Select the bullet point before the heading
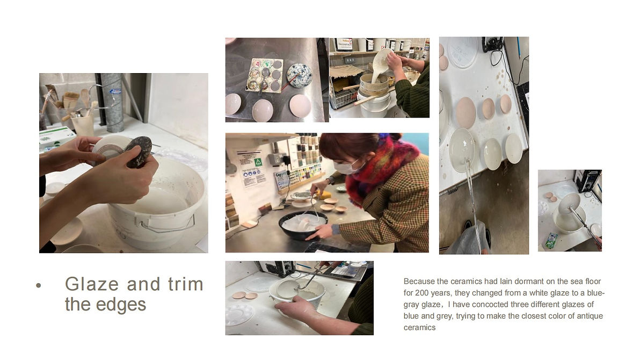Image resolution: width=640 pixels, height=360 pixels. tap(39, 285)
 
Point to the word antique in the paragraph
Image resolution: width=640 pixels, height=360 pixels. tap(590, 316)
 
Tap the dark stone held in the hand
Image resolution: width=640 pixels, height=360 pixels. tap(139, 152)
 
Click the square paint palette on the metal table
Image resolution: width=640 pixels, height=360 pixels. tap(264, 75)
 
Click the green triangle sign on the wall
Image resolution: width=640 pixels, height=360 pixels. tap(258, 162)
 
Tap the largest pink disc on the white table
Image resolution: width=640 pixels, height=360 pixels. tap(466, 112)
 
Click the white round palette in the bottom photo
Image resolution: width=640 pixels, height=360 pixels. tap(239, 315)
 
